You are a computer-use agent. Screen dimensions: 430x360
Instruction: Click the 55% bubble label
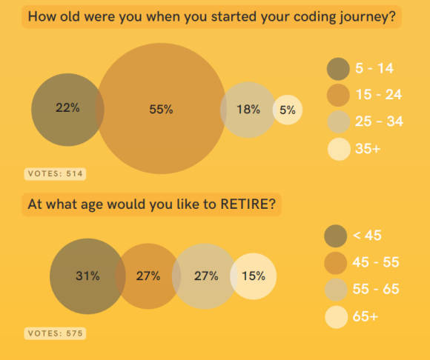tap(161, 110)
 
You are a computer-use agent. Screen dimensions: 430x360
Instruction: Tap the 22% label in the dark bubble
tap(67, 107)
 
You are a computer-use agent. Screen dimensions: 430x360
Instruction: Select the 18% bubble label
tap(248, 110)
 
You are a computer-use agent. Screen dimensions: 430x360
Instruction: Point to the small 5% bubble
tap(288, 110)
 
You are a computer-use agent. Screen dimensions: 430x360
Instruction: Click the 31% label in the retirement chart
tap(87, 276)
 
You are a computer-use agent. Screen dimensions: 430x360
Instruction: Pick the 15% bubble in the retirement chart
tap(254, 276)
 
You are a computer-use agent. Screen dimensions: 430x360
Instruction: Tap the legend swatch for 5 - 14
tap(338, 69)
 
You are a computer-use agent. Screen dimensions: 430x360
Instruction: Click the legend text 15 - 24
tap(379, 95)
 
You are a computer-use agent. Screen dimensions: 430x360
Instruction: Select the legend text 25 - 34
tap(379, 121)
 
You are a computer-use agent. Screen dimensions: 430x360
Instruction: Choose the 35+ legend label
tap(368, 148)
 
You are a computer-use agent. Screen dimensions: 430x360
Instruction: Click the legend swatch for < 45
tap(336, 236)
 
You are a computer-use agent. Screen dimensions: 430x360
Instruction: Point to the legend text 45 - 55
tap(376, 262)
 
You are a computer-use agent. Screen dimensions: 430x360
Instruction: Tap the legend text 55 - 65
tap(376, 289)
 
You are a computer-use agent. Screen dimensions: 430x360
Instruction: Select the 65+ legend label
tap(365, 316)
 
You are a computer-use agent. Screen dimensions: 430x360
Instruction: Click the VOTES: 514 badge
tap(55, 173)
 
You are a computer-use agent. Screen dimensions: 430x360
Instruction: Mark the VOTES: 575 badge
tap(55, 333)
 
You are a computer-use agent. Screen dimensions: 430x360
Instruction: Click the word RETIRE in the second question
tap(248, 204)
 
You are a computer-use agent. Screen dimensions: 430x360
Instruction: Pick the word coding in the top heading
tap(314, 17)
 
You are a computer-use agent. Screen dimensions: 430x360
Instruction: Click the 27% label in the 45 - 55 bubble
tap(148, 276)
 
